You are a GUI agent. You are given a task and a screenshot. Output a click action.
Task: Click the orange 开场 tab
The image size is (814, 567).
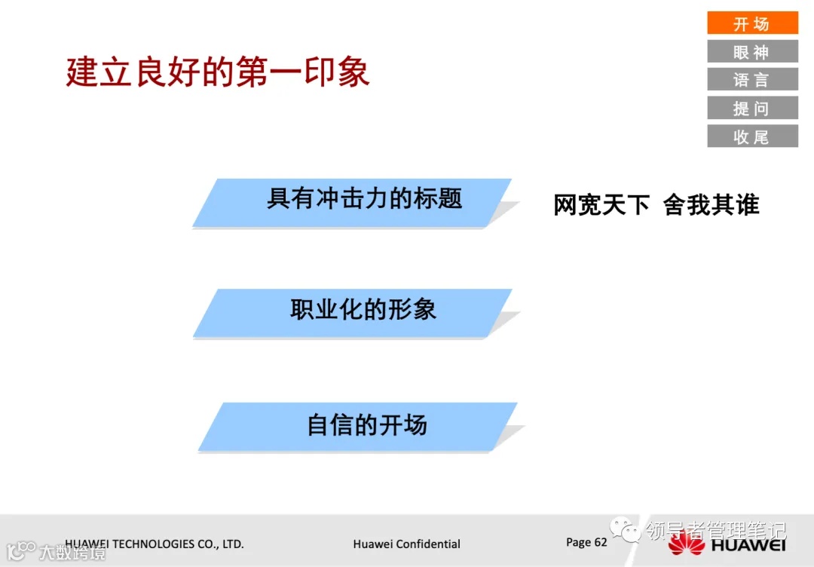(752, 23)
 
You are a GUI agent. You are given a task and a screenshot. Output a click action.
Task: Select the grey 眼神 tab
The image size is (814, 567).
(752, 51)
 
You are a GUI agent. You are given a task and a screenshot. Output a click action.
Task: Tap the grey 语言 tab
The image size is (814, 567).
(752, 79)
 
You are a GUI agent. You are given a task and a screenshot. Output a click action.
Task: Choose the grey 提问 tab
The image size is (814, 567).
(752, 108)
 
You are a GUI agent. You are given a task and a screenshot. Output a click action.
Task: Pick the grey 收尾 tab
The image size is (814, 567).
(752, 136)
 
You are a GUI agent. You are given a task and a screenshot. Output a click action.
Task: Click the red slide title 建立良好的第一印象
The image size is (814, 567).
(218, 72)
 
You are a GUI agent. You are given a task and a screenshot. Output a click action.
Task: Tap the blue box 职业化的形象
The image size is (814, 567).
(354, 311)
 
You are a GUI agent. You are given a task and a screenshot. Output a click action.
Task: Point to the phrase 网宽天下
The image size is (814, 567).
(601, 204)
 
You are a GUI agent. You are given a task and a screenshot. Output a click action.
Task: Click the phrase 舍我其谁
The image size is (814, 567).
(711, 204)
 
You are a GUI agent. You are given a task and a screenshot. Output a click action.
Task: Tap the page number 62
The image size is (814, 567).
(601, 542)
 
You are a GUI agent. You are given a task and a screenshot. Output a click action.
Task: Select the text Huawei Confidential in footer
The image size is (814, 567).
(406, 544)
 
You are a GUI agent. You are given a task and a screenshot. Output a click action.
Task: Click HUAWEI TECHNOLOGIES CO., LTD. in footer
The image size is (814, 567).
(155, 543)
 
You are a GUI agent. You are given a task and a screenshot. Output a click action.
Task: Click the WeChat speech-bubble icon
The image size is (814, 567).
(626, 529)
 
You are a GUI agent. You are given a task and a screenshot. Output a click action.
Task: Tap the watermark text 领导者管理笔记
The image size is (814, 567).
(715, 530)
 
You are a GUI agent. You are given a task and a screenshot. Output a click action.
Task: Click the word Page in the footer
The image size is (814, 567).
(578, 542)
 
